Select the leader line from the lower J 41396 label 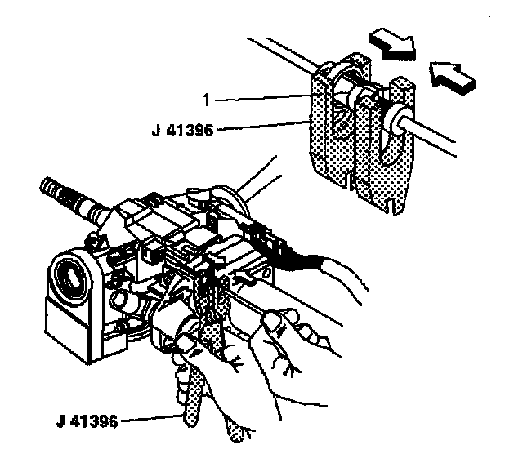click(151, 421)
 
